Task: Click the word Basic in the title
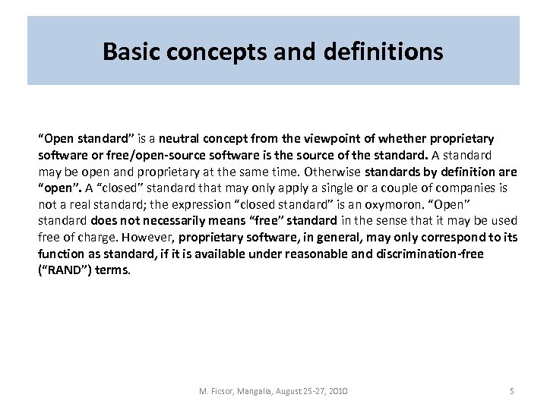128,52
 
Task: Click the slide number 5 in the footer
511,391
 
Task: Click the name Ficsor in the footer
221,391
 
